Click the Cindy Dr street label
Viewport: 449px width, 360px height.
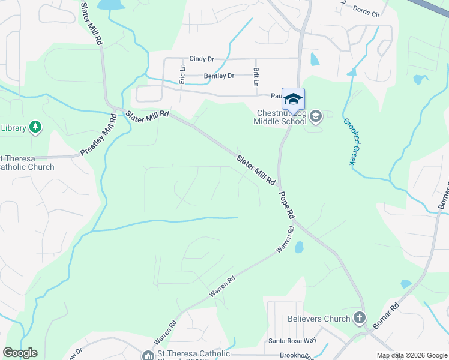pos(202,59)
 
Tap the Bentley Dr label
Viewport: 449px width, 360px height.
pos(218,76)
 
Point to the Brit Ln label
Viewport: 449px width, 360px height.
pos(256,76)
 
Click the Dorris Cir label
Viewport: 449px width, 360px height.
pos(367,11)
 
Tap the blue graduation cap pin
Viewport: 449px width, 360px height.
pos(293,100)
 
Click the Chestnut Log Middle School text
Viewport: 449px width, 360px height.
pos(280,117)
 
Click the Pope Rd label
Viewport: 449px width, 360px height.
pos(286,205)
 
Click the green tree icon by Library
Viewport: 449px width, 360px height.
pos(36,127)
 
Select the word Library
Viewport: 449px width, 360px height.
pos(13,128)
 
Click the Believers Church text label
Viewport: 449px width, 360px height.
pos(319,319)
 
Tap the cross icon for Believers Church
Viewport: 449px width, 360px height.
pos(359,319)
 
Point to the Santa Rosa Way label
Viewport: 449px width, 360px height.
pos(292,340)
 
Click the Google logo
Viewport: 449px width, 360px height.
pos(20,353)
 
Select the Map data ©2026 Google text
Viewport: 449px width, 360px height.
pos(411,355)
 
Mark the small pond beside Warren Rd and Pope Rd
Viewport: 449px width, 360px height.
pos(299,247)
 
